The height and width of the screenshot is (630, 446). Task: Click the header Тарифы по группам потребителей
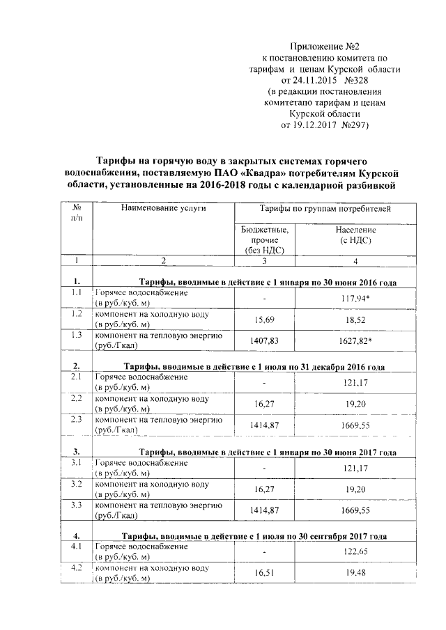tap(325, 208)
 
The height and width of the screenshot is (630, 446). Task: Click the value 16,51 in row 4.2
tap(265, 573)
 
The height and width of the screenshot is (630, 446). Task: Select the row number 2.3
tap(77, 420)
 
